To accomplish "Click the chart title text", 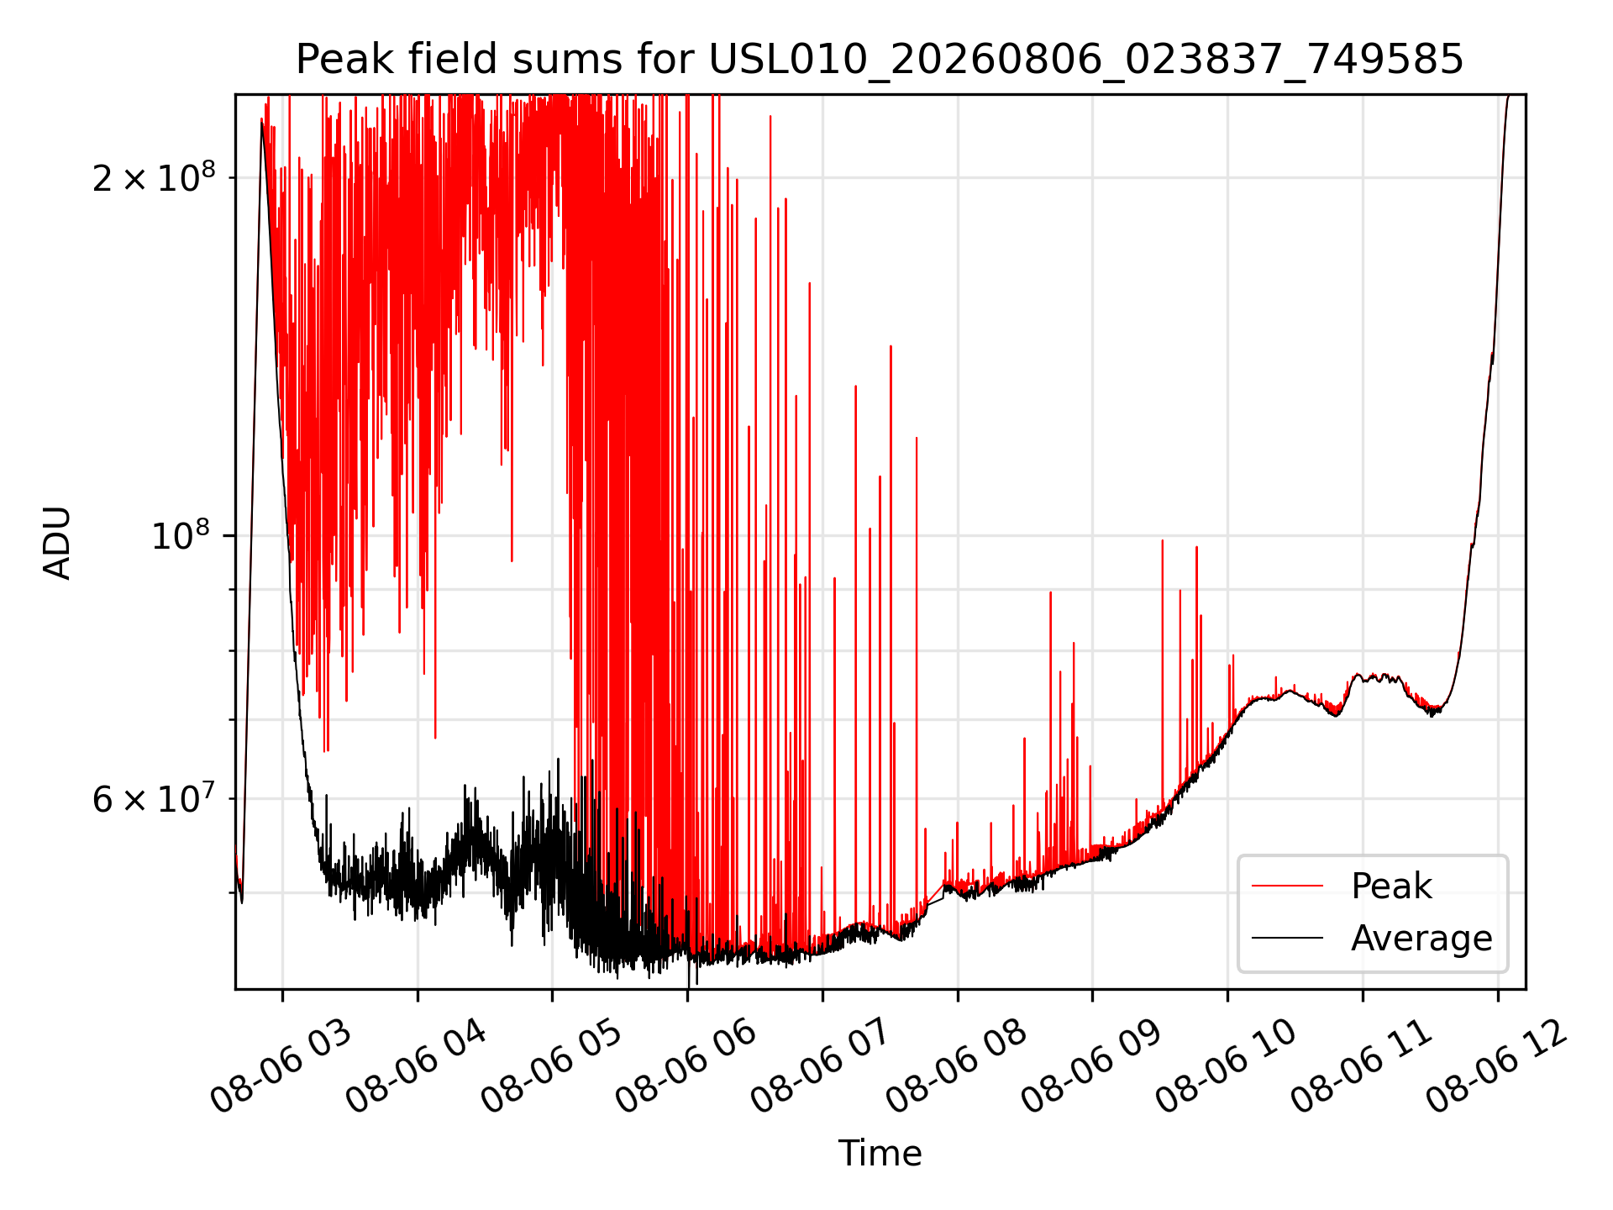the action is coord(880,60).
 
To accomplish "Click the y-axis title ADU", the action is coord(57,542).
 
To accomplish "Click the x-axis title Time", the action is coord(880,1153).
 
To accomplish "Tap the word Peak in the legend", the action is coord(1391,886).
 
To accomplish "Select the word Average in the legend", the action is coord(1421,939).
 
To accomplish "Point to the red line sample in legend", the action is coord(1287,886).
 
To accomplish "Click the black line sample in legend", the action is coord(1287,938).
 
